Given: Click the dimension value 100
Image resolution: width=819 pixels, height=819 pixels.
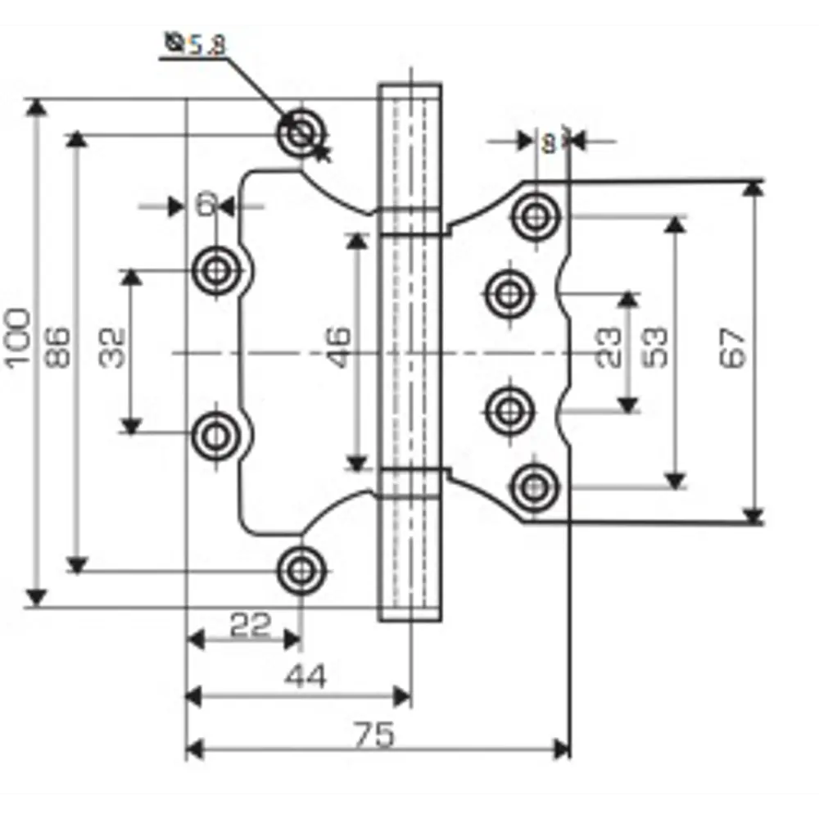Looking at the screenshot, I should click(20, 337).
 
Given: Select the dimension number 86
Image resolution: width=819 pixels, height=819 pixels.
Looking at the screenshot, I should click(59, 347).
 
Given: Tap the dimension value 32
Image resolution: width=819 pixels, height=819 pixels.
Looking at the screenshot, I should click(114, 347).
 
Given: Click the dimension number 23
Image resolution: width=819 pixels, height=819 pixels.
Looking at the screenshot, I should click(609, 347).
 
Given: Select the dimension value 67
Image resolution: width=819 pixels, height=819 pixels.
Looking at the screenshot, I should click(734, 347).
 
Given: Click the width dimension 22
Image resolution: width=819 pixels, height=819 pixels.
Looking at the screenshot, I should click(249, 626).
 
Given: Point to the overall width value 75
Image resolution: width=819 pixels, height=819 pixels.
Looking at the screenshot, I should click(375, 734).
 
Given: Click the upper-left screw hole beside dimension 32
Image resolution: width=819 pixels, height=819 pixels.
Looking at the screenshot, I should click(217, 271).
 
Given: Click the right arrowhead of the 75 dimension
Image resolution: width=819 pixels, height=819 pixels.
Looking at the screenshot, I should click(562, 748).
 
